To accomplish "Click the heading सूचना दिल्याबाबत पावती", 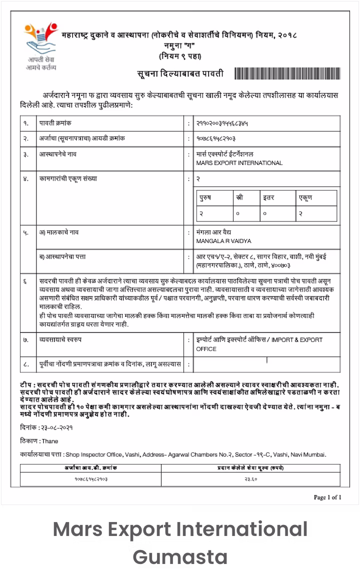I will click(x=180, y=74).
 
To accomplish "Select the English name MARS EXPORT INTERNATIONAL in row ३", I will click(x=239, y=162).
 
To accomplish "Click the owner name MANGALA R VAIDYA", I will click(x=223, y=241).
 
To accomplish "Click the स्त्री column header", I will click(x=239, y=197).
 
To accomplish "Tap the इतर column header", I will click(x=269, y=197).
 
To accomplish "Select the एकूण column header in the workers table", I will click(x=305, y=197).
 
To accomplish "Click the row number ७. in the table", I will click(x=25, y=340).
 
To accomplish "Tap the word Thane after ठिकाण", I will click(x=50, y=441).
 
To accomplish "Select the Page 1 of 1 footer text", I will click(x=327, y=497).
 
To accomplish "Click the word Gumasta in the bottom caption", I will click(x=180, y=556).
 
